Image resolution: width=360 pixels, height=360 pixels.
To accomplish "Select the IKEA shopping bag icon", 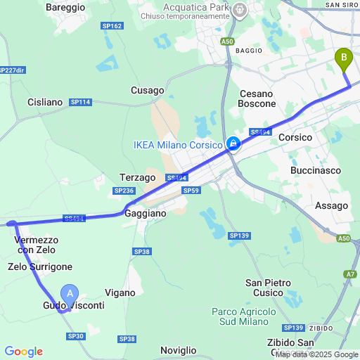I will click(x=233, y=145).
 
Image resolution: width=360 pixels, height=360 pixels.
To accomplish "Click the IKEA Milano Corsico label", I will click(x=179, y=146).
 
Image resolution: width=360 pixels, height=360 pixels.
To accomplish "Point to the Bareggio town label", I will click(x=65, y=7).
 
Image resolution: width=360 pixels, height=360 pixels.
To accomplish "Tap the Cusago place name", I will click(x=148, y=90).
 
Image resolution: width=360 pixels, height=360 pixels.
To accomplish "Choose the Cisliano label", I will click(x=45, y=102).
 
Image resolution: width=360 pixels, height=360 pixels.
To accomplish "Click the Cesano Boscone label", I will click(x=258, y=98).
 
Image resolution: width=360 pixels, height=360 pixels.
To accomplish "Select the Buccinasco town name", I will click(x=315, y=170).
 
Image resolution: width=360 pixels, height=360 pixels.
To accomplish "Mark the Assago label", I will click(x=332, y=205).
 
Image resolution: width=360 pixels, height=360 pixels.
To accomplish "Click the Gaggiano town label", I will click(x=146, y=212).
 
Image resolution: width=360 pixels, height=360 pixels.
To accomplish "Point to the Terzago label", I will click(x=137, y=178).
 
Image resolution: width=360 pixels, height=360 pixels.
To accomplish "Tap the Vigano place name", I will click(x=120, y=292).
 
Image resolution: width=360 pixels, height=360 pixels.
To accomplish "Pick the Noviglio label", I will click(x=179, y=350).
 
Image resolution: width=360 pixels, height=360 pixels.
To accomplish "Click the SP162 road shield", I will click(x=112, y=26).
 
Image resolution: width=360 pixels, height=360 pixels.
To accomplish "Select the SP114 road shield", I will click(x=80, y=102).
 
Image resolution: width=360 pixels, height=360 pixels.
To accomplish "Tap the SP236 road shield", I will click(x=123, y=191).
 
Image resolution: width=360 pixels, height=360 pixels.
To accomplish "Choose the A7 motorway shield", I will click(x=351, y=274).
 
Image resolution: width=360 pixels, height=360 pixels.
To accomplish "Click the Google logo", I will click(x=23, y=352).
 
